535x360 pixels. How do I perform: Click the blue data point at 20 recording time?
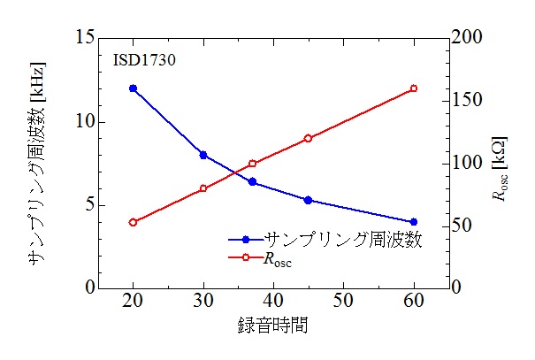(133, 88)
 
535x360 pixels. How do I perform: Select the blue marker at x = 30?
(203, 155)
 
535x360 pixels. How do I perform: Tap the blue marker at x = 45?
(308, 200)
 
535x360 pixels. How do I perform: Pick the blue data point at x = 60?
(413, 222)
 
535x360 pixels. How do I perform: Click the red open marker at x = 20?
(133, 222)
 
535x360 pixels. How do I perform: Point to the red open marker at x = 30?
(203, 188)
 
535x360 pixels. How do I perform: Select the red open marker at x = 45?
(308, 138)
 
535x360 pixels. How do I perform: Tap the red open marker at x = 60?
(413, 88)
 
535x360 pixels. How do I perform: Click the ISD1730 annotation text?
(144, 61)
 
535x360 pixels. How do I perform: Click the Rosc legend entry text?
(276, 260)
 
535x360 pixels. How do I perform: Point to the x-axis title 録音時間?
(272, 325)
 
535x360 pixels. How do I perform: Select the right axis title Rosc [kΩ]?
(501, 163)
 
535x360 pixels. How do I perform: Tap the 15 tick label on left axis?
(85, 38)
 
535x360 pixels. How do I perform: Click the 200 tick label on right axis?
(469, 38)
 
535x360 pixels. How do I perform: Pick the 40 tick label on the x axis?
(273, 302)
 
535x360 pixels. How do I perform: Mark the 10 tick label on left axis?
(85, 122)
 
